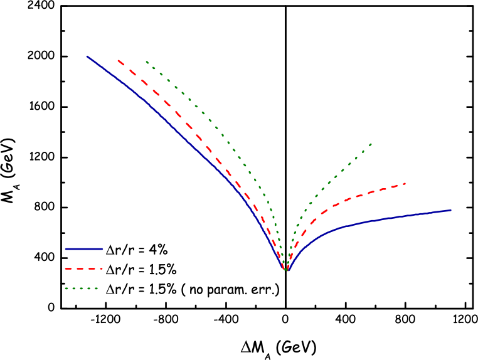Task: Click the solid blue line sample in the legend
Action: [83, 249]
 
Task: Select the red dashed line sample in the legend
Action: [83, 268]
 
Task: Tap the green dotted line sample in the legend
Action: [82, 289]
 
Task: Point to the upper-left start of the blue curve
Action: [87, 56]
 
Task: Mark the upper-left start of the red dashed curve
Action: [118, 61]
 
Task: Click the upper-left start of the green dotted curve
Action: [147, 61]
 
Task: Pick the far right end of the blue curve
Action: [450, 210]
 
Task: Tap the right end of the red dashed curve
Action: [405, 183]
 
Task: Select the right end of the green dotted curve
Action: [371, 144]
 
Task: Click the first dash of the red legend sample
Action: [68, 268]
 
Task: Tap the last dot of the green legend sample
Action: [97, 289]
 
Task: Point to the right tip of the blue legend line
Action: [102, 249]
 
